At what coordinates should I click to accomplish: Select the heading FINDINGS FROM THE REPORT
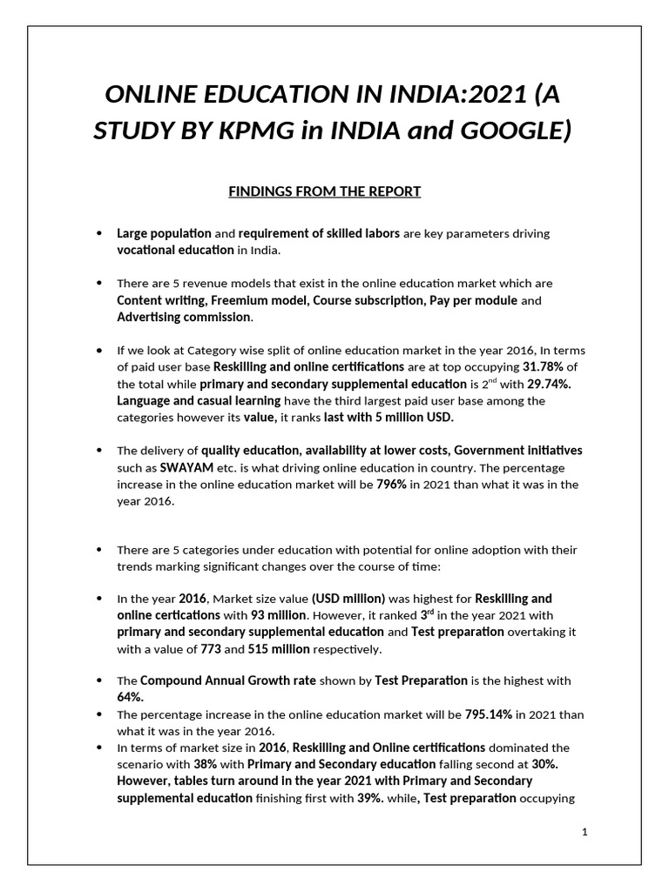(x=325, y=191)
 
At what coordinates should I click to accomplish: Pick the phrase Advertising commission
(x=172, y=317)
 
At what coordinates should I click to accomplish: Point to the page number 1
(x=585, y=832)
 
